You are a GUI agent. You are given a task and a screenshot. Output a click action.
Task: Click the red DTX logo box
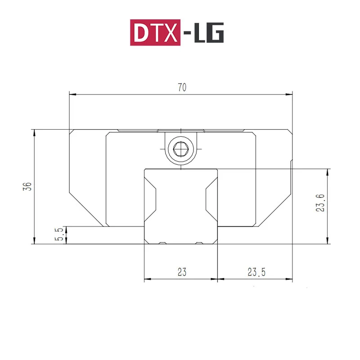(x=155, y=32)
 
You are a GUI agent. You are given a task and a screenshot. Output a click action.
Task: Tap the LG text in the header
(x=208, y=32)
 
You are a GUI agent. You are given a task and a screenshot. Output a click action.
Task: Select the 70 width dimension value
(x=182, y=88)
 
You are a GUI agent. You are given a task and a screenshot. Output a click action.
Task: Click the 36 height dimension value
(x=28, y=186)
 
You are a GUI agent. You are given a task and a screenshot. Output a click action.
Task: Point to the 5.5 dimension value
(x=58, y=235)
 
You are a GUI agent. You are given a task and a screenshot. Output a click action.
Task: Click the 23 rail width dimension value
(x=182, y=272)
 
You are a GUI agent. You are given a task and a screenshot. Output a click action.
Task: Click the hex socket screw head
(x=181, y=148)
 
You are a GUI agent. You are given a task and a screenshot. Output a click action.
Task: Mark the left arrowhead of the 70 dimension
(x=72, y=94)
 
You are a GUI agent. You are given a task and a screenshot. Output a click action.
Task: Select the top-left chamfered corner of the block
(x=72, y=132)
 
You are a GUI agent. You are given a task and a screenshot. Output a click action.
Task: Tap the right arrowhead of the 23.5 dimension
(x=289, y=279)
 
